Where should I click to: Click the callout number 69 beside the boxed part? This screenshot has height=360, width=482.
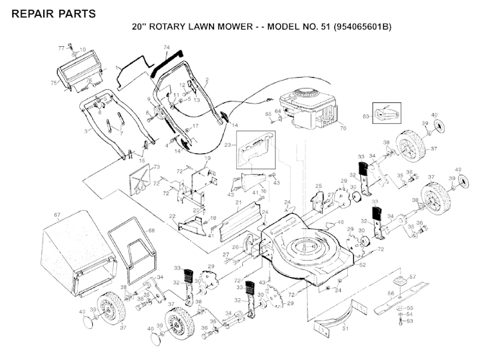tap(366, 115)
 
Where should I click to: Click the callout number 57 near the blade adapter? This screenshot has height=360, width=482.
tap(413, 276)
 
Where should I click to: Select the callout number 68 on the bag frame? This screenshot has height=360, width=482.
tap(151, 230)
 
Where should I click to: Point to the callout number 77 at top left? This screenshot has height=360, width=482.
tap(61, 47)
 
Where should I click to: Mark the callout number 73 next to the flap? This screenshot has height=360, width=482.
tap(154, 167)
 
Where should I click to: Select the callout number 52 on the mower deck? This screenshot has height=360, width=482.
tap(362, 266)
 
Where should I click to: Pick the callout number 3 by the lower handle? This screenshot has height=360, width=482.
tap(86, 131)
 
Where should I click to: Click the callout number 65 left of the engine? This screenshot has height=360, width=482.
tap(268, 114)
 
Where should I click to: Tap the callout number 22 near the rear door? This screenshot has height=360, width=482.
tap(173, 216)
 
